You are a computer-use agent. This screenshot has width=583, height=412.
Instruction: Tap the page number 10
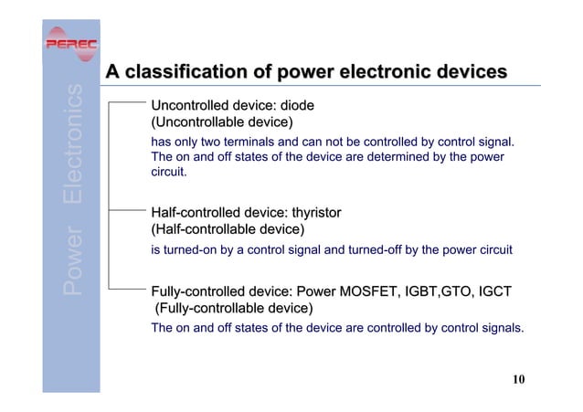coord(519,380)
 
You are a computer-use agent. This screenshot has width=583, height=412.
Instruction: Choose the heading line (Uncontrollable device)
coord(221,122)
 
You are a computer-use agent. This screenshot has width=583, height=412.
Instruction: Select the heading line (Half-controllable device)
coord(227,229)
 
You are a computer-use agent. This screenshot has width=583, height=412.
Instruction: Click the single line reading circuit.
coord(169,172)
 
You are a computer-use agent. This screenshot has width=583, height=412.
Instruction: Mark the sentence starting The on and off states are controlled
coord(337,327)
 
